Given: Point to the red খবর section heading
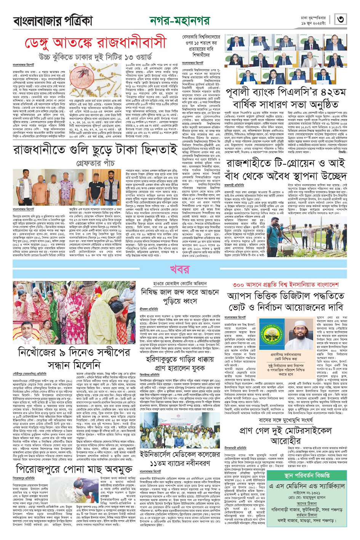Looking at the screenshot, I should (179, 270).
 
